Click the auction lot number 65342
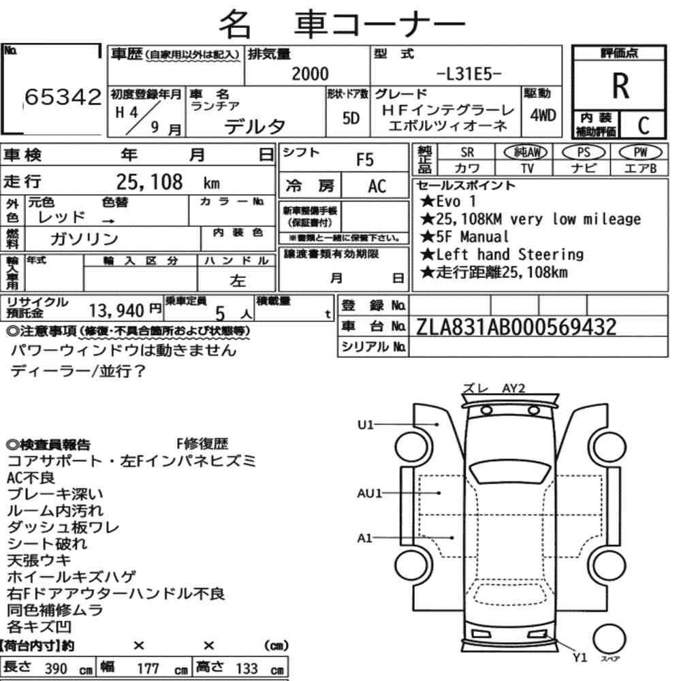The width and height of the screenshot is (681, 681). pyautogui.click(x=63, y=97)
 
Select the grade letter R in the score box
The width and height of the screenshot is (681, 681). pyautogui.click(x=620, y=86)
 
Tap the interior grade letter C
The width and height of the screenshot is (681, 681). pyautogui.click(x=644, y=125)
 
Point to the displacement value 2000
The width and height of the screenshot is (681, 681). pyautogui.click(x=310, y=74)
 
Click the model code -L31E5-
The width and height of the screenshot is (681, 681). pyautogui.click(x=469, y=74)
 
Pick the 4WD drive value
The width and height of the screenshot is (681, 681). pyautogui.click(x=543, y=115)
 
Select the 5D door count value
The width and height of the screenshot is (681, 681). pyautogui.click(x=351, y=118)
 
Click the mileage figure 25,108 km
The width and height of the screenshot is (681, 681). pyautogui.click(x=168, y=182)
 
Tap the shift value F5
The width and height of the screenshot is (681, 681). pyautogui.click(x=365, y=160)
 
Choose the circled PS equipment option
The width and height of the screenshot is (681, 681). pyautogui.click(x=584, y=152)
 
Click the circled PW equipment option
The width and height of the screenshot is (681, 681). pyautogui.click(x=640, y=152)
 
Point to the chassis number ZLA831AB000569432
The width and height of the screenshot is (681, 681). pyautogui.click(x=516, y=327)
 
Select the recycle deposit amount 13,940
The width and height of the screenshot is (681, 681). pyautogui.click(x=116, y=311)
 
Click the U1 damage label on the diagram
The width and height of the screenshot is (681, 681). pyautogui.click(x=366, y=424)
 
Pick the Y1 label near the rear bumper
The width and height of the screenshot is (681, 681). pyautogui.click(x=580, y=658)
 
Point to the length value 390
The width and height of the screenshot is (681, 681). pyautogui.click(x=56, y=669)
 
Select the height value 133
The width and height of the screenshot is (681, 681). pyautogui.click(x=247, y=669)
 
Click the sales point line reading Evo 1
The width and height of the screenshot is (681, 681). pyautogui.click(x=448, y=201)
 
